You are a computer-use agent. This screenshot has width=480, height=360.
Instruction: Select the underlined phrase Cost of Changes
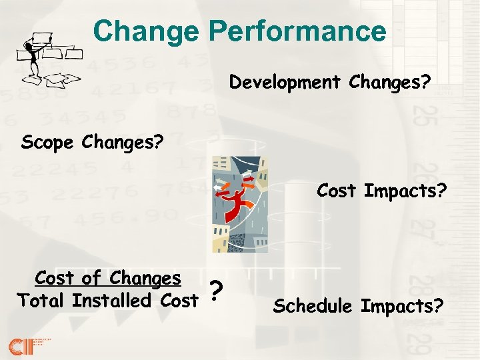pos(108,277)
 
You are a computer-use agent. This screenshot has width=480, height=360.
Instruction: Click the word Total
pos(42,301)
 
